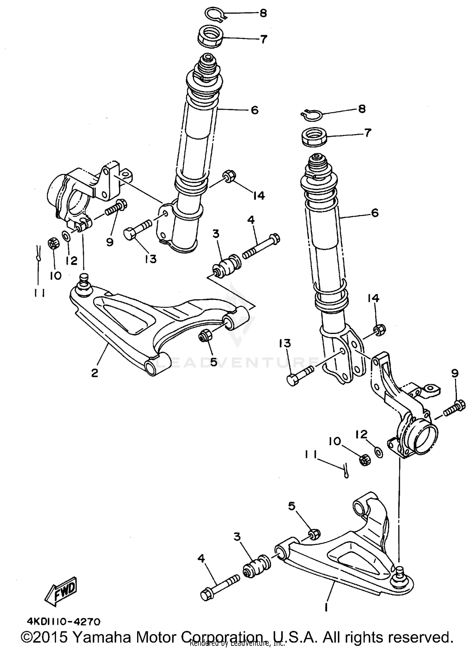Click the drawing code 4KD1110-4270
64,622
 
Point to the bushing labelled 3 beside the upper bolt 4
227,265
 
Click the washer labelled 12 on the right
378,452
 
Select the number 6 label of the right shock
374,213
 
